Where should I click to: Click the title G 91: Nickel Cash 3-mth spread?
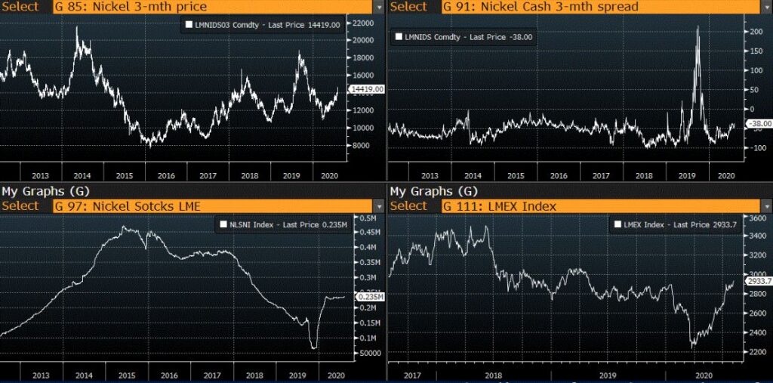coord(540,7)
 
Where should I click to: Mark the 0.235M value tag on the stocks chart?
coord(371,298)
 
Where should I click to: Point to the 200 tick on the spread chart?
coord(752,32)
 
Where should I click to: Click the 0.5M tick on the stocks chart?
coord(368,218)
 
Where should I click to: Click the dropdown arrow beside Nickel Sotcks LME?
coord(377,205)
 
